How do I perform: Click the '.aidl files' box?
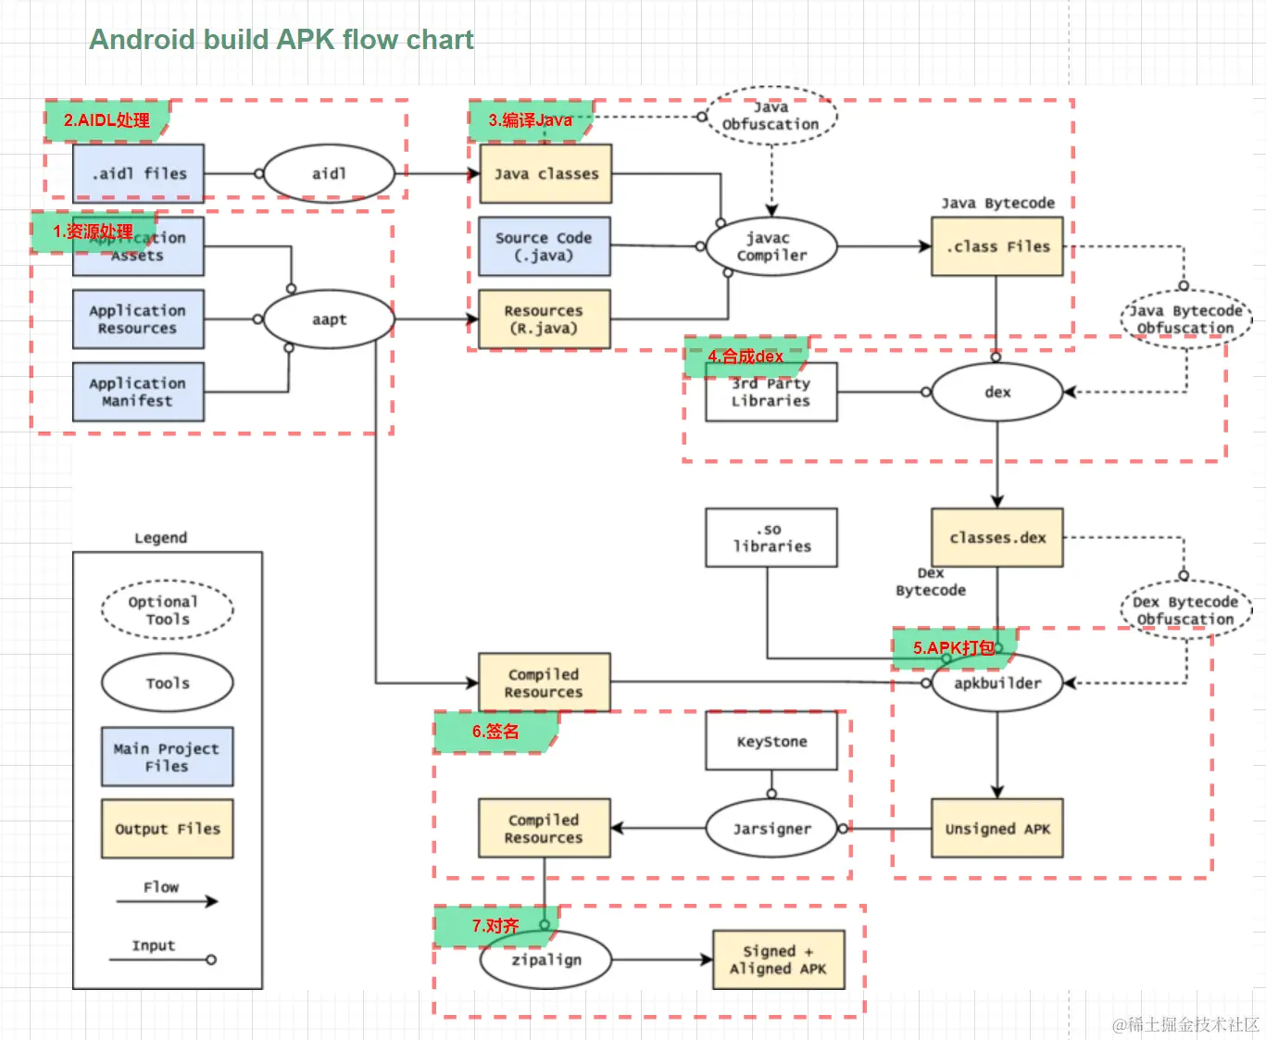coord(139,173)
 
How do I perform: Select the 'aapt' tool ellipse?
coord(329,320)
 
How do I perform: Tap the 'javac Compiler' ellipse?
coord(771,246)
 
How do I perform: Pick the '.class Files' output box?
coord(997,246)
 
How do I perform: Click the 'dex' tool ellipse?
coord(997,392)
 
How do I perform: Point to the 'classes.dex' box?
coord(997,537)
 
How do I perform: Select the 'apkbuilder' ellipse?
coord(997,683)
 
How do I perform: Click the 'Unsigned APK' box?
coord(997,829)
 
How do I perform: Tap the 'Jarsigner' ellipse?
coord(771,829)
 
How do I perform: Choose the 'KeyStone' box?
coord(771,741)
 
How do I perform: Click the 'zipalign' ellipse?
coord(545,960)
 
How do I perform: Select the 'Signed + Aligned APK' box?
coord(778,960)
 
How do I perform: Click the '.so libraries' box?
coord(771,537)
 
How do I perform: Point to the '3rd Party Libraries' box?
coord(771,393)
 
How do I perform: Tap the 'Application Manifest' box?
coord(138,392)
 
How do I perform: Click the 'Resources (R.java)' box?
coord(545,320)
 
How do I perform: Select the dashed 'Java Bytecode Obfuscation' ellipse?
coord(1185,320)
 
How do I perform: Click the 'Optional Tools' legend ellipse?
coord(167,610)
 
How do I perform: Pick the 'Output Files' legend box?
coord(167,829)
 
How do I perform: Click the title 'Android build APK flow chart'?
coord(282,40)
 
